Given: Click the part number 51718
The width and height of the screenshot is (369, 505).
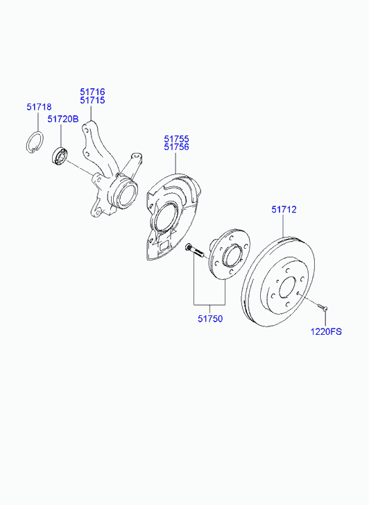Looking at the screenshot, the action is (x=39, y=107).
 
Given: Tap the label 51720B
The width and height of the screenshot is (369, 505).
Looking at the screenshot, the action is (x=63, y=119).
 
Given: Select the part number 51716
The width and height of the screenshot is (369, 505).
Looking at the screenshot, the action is (x=93, y=92).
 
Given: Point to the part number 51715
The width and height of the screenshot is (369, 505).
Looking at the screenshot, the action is (x=93, y=100).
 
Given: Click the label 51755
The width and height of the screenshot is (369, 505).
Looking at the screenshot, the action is (x=177, y=139).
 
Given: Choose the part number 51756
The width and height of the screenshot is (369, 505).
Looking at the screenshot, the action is (x=177, y=147).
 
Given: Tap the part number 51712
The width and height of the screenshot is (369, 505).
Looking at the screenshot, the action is (x=284, y=210).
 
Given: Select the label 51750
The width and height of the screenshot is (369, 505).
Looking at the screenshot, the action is (x=210, y=319).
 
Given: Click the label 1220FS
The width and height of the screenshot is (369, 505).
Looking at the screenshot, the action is (x=326, y=331).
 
